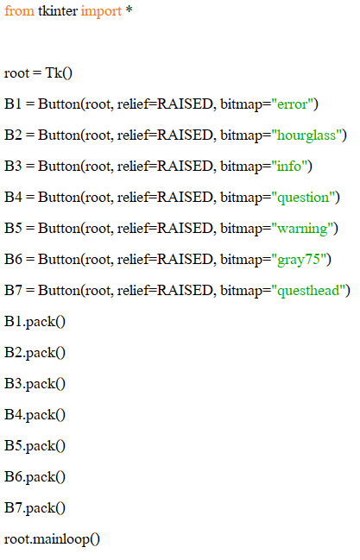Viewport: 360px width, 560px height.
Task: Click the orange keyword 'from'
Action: [19, 10]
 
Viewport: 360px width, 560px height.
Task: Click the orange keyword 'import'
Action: [101, 12]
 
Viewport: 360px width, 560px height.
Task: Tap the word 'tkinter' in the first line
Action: [58, 10]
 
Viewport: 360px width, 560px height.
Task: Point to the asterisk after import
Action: [129, 9]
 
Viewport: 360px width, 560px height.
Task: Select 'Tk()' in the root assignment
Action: [59, 73]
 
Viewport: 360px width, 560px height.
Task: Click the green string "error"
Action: [293, 104]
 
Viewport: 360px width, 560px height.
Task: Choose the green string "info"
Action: [289, 167]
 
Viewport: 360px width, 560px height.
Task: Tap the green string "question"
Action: [303, 198]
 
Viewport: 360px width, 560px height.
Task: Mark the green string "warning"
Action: [302, 230]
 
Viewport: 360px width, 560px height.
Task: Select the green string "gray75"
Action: [299, 260]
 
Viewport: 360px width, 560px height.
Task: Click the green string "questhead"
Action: [308, 291]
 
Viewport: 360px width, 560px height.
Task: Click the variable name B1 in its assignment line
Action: [13, 104]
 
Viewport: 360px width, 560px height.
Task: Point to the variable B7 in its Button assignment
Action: [13, 291]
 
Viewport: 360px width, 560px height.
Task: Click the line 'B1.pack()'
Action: [35, 322]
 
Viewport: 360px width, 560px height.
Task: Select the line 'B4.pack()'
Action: [35, 415]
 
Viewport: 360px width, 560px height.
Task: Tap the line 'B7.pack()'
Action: [35, 508]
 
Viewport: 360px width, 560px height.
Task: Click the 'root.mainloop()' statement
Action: [52, 539]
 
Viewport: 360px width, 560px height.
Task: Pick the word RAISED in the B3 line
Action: [186, 167]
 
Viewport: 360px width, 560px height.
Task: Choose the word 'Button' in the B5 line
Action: [60, 229]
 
